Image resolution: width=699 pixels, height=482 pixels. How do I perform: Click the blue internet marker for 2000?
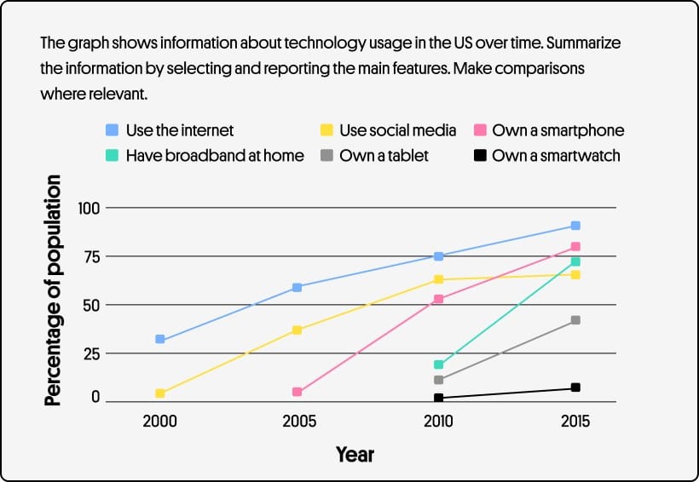(x=160, y=340)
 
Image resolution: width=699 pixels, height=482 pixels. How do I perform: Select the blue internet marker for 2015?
(x=575, y=226)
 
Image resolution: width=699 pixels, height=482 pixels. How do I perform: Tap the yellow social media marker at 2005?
(x=298, y=330)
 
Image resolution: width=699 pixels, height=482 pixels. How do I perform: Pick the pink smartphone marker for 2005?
(x=298, y=392)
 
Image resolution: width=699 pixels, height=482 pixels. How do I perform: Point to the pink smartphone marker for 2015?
(x=575, y=247)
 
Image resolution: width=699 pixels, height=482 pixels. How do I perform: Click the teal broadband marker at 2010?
(x=439, y=364)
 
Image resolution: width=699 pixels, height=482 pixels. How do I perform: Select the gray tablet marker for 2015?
(x=575, y=320)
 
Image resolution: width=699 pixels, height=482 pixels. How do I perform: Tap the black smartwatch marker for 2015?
(x=575, y=387)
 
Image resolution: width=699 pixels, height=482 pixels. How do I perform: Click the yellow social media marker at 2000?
(x=160, y=393)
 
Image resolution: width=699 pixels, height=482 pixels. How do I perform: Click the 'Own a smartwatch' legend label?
(x=556, y=156)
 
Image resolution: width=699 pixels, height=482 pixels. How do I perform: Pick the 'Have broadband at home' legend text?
(x=215, y=156)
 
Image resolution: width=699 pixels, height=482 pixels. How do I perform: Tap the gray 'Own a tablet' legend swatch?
(x=326, y=156)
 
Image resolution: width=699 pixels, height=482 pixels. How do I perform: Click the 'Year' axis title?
(x=355, y=454)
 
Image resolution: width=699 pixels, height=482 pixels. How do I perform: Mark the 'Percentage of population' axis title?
(x=54, y=290)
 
